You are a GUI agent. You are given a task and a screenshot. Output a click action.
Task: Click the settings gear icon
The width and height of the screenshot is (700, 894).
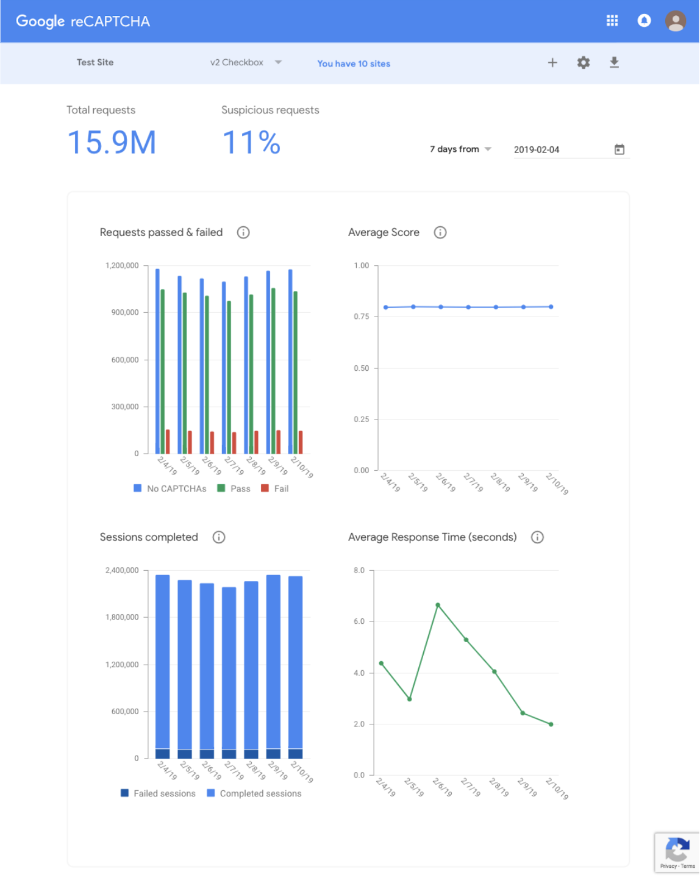(584, 63)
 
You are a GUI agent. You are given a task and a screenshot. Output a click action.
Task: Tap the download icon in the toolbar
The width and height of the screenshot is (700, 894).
(614, 63)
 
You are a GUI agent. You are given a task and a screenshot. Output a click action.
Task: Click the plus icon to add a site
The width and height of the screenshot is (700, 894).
(552, 63)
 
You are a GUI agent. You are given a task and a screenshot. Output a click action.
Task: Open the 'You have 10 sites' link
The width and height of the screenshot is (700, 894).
(354, 63)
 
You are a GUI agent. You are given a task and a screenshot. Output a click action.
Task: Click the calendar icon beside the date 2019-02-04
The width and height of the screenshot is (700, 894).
(620, 149)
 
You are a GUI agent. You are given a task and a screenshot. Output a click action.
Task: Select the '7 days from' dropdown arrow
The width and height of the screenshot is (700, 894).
(488, 149)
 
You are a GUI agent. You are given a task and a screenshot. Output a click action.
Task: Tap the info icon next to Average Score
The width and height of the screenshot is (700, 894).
(440, 232)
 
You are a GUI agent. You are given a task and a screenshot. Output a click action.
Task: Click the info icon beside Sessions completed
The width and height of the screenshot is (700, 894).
(219, 537)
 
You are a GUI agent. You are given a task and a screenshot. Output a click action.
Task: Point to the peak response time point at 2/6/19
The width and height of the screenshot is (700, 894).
(438, 605)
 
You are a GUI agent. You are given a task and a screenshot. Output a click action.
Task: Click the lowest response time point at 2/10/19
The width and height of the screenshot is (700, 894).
(551, 724)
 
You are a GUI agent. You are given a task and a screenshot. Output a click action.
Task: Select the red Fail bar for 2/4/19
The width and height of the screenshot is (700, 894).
(168, 442)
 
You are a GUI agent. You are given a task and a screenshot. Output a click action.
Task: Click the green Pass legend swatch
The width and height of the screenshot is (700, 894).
(221, 488)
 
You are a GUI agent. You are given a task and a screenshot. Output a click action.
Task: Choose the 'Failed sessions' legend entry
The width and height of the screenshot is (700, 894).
(159, 793)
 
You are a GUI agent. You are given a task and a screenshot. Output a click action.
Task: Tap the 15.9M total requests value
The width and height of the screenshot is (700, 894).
(112, 143)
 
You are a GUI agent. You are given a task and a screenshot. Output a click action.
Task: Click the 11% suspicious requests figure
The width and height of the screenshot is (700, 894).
(251, 143)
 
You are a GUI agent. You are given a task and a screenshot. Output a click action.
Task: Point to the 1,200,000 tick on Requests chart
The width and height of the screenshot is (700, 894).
(122, 266)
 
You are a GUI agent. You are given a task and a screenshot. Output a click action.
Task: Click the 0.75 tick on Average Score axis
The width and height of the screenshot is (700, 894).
(362, 316)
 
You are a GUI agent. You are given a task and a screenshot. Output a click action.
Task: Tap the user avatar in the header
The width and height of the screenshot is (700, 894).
(676, 21)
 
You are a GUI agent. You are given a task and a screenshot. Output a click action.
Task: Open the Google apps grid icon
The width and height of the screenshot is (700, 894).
(612, 21)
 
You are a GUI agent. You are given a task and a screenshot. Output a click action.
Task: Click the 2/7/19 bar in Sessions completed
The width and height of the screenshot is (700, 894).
(229, 671)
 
